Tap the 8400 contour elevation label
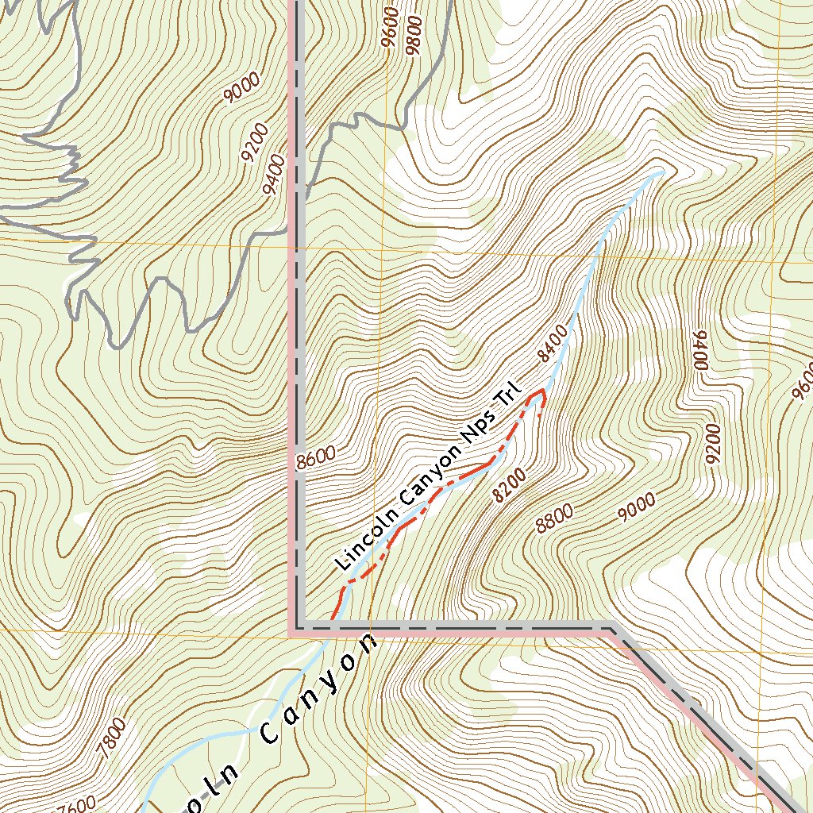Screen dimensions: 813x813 [x=553, y=343]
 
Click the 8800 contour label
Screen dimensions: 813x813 [x=554, y=519]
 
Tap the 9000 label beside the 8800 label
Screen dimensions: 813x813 [x=638, y=507]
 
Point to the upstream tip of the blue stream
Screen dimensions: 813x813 [x=661, y=172]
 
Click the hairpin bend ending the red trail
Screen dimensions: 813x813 [x=543, y=391]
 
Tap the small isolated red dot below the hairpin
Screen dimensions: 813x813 [x=539, y=415]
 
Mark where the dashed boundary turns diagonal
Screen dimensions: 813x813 [x=610, y=628]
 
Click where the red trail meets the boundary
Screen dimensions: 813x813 [x=332, y=627]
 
